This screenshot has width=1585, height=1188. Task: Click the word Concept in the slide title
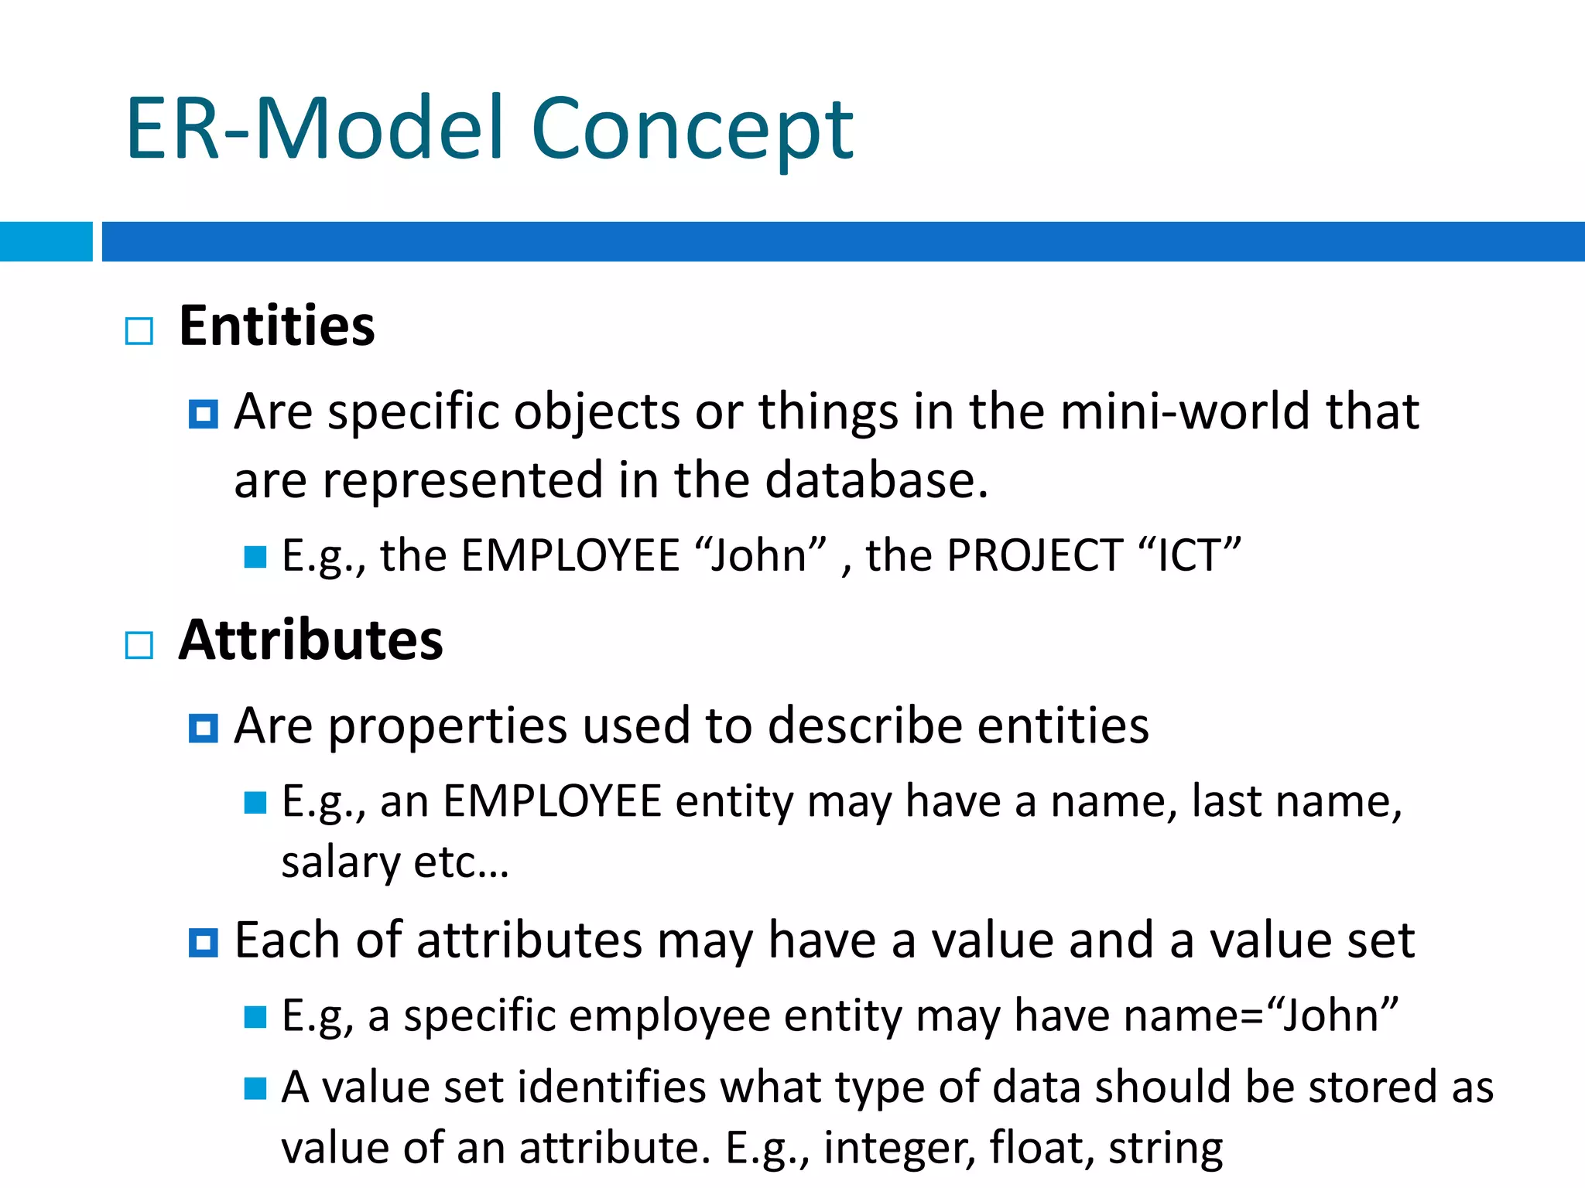pyautogui.click(x=693, y=130)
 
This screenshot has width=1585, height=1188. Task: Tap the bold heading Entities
pyautogui.click(x=276, y=326)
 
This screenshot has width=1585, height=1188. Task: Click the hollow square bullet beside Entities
pyautogui.click(x=139, y=331)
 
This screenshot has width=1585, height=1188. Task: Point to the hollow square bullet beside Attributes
pyautogui.click(x=139, y=645)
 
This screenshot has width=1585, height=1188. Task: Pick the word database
pyautogui.click(x=876, y=480)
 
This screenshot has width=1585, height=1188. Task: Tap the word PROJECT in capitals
pyautogui.click(x=1035, y=555)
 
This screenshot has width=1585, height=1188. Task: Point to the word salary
pyautogui.click(x=341, y=862)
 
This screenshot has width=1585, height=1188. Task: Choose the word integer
pyautogui.click(x=899, y=1149)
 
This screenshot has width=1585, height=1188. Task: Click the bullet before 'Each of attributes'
pyautogui.click(x=204, y=943)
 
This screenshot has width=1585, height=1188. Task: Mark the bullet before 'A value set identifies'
pyautogui.click(x=255, y=1089)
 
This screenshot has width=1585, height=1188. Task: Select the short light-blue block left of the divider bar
pyautogui.click(x=46, y=241)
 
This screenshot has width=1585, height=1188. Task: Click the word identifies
pyautogui.click(x=612, y=1087)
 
